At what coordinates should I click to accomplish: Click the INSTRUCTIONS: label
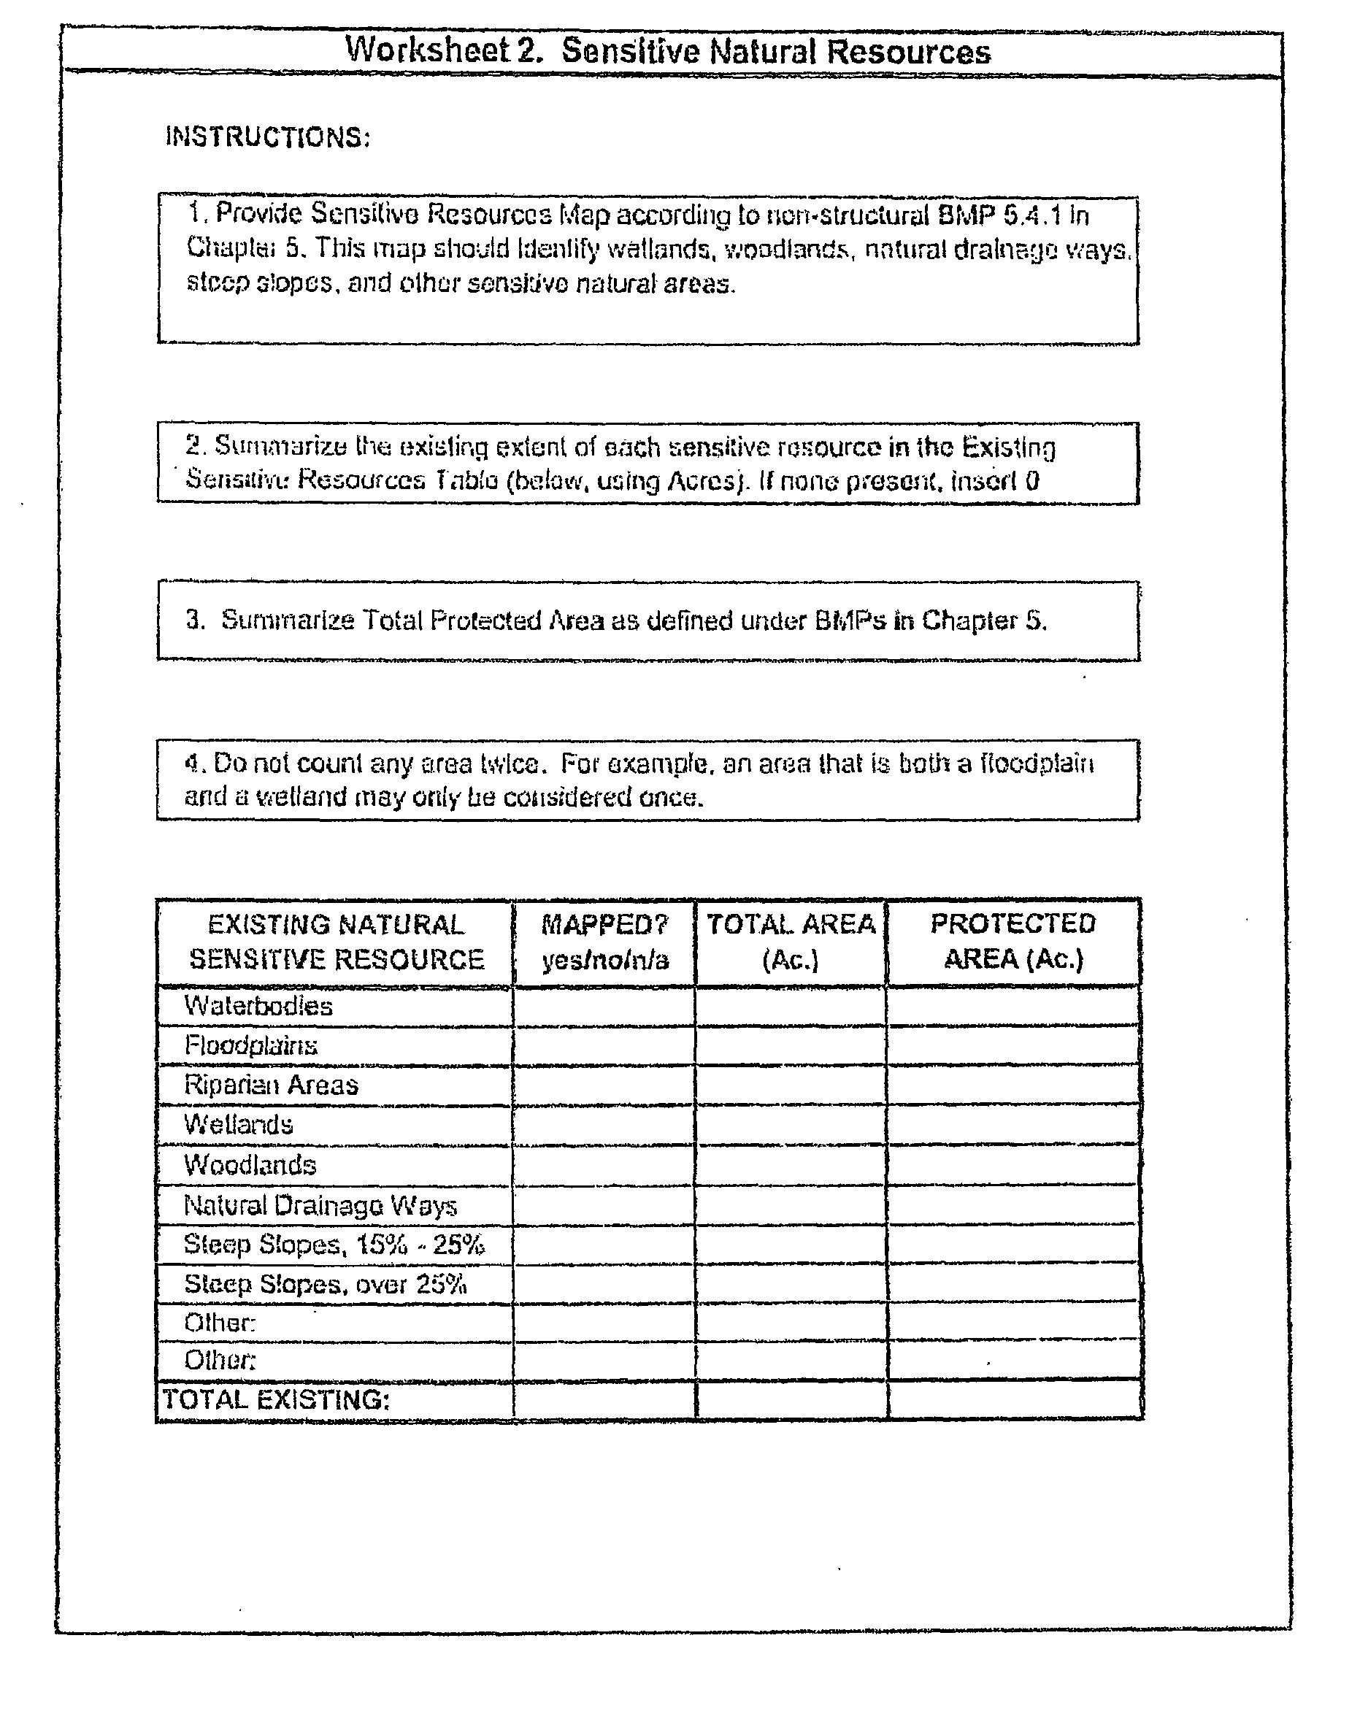pyautogui.click(x=267, y=137)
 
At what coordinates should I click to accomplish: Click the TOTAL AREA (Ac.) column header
pyautogui.click(x=791, y=942)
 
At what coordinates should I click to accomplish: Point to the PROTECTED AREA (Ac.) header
pyautogui.click(x=1013, y=941)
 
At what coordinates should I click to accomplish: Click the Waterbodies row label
pyautogui.click(x=258, y=1006)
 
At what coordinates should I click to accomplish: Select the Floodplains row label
pyautogui.click(x=250, y=1045)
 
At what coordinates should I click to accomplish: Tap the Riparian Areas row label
pyautogui.click(x=271, y=1085)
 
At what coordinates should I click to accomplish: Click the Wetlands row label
pyautogui.click(x=238, y=1124)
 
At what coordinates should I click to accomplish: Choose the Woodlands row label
pyautogui.click(x=250, y=1164)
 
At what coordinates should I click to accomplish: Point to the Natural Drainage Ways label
pyautogui.click(x=320, y=1205)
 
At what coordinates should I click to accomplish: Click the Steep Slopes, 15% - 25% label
pyautogui.click(x=334, y=1245)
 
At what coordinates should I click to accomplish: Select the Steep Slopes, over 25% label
pyautogui.click(x=325, y=1285)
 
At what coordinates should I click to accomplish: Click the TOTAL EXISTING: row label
pyautogui.click(x=277, y=1400)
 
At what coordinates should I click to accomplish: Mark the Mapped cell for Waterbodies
pyautogui.click(x=604, y=1006)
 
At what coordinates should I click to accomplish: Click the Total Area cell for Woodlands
pyautogui.click(x=791, y=1164)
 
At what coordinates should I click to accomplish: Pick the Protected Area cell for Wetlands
pyautogui.click(x=1013, y=1124)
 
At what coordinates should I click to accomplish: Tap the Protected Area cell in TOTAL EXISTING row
pyautogui.click(x=1015, y=1400)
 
